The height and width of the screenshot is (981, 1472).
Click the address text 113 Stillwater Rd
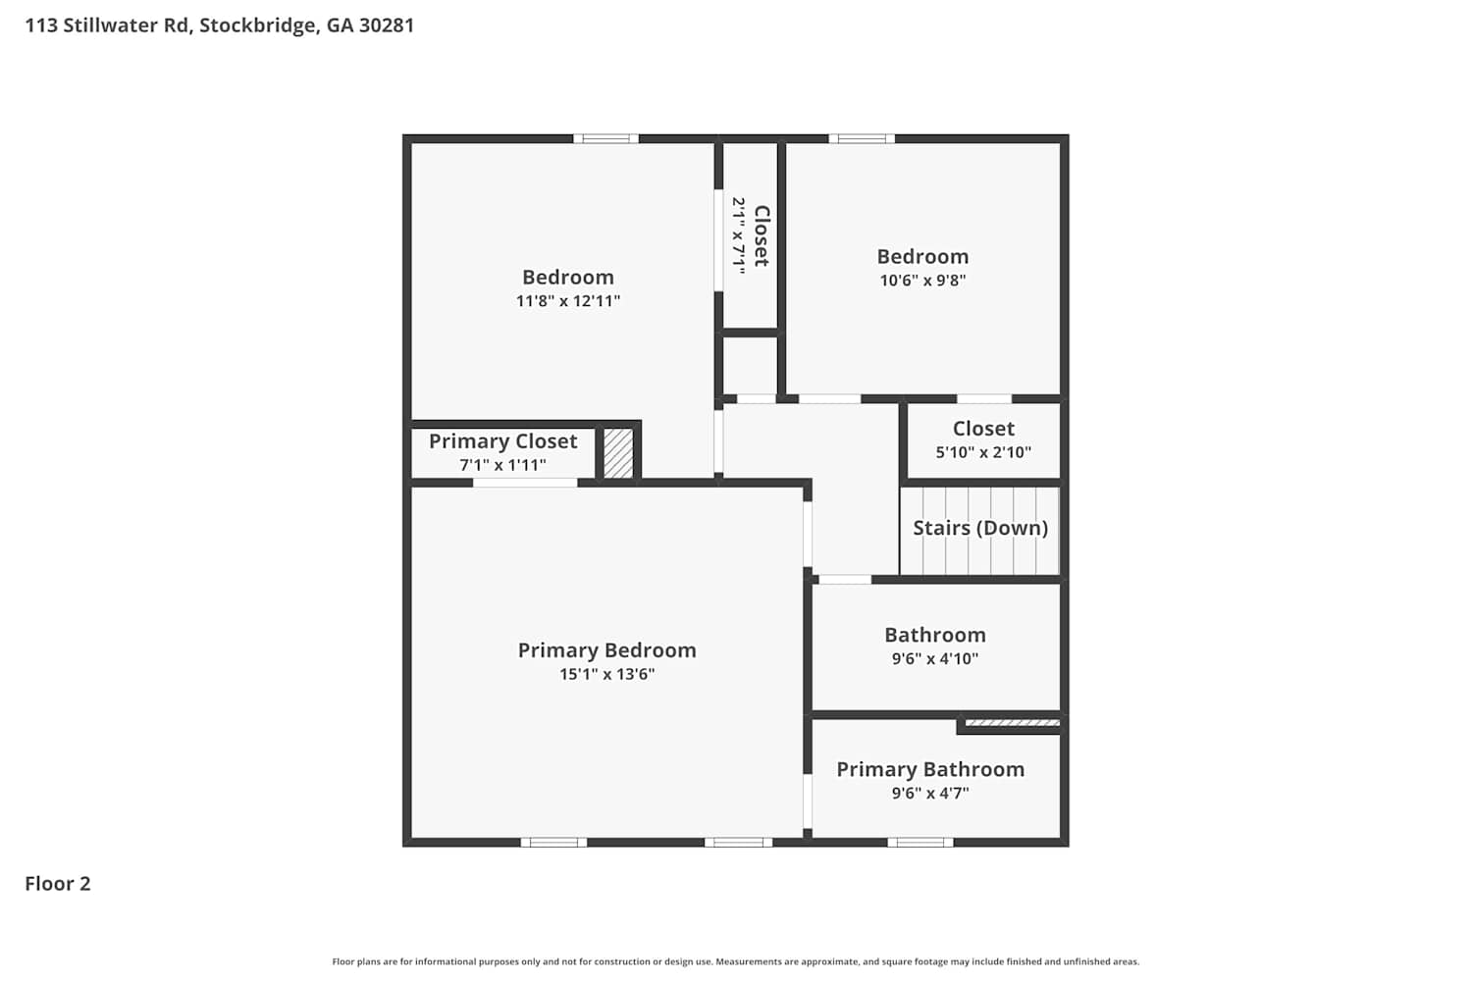[108, 26]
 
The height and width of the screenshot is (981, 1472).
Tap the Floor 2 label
[58, 884]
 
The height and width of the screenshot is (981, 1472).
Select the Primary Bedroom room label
[607, 650]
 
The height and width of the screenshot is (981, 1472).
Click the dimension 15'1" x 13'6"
[607, 674]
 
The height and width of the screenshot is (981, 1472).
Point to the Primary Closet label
[503, 441]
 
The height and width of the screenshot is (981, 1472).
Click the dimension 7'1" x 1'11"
[502, 465]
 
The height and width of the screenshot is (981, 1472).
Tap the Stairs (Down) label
[980, 529]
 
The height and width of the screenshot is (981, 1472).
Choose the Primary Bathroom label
[930, 769]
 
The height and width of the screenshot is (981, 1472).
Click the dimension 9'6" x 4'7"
[930, 793]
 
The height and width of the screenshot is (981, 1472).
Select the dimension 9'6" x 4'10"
[935, 658]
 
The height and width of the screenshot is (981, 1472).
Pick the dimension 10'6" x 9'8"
[923, 281]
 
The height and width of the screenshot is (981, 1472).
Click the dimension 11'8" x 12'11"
[568, 301]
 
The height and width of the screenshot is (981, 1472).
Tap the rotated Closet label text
[762, 235]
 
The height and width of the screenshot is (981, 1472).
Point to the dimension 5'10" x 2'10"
[983, 452]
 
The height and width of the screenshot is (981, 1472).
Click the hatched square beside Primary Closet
[618, 453]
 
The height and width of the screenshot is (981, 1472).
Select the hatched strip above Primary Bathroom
[1012, 723]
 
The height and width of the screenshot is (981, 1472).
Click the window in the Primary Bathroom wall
[920, 843]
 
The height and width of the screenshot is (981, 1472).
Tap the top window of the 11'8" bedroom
[605, 138]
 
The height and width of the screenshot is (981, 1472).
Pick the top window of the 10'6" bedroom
[862, 138]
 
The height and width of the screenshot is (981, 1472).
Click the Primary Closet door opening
[525, 483]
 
